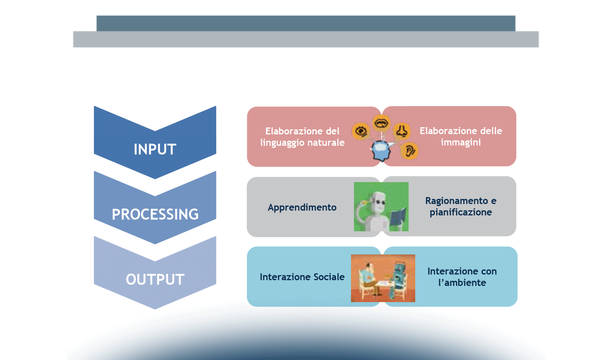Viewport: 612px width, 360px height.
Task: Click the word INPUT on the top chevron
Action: coord(155,149)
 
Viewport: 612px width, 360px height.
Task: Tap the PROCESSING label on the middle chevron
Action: coord(155,214)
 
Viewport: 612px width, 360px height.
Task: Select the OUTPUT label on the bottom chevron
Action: coord(155,280)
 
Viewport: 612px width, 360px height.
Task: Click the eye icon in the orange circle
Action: coord(361,131)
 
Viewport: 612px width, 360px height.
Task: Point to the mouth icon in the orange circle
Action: coord(381,123)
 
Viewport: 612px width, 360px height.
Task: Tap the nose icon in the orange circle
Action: coord(402,131)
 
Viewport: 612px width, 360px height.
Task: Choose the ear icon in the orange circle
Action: coord(409,151)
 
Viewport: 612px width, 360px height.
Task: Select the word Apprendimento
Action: coord(302,207)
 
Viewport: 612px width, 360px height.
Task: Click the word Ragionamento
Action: coord(456,201)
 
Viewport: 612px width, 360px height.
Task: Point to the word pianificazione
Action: coord(460,212)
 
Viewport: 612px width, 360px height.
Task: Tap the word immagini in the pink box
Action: coord(460,142)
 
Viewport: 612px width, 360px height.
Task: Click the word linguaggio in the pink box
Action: coord(282,142)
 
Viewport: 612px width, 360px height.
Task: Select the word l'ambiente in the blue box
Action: coord(462,283)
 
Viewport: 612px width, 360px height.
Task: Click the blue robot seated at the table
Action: coord(399,276)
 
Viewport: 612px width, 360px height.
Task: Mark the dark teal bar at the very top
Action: coord(306,23)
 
